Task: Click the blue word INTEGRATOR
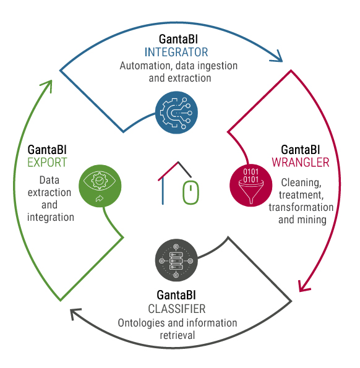[176, 53]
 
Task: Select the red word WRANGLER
[301, 163]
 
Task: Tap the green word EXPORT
[47, 163]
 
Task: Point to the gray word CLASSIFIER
[177, 309]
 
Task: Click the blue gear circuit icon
[176, 113]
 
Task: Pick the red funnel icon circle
[251, 186]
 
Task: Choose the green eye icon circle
[100, 186]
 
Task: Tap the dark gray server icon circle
[176, 260]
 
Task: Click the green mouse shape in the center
[191, 192]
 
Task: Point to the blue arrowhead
[277, 57]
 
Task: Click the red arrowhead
[304, 287]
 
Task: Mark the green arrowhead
[47, 85]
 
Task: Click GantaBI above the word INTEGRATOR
[178, 39]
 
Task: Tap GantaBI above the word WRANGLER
[301, 150]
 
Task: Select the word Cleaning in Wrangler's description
[301, 183]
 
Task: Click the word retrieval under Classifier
[178, 335]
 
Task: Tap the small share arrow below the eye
[100, 199]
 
